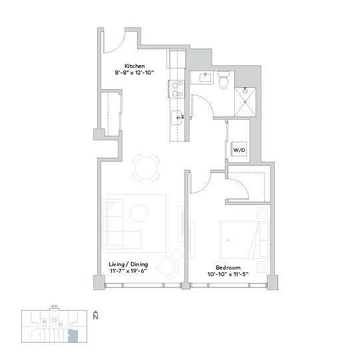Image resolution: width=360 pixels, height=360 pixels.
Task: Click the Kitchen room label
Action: [134, 66]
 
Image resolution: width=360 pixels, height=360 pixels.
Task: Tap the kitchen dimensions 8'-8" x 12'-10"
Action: [134, 73]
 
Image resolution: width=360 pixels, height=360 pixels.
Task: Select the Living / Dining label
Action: [128, 264]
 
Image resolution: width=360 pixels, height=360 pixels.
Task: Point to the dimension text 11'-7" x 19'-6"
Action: [128, 271]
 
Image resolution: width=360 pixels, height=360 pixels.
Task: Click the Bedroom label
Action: [228, 268]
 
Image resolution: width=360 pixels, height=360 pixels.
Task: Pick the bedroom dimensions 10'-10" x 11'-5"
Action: [228, 274]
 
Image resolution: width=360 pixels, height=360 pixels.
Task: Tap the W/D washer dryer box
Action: [239, 149]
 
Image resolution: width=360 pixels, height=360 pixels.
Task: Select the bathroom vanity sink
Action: [206, 77]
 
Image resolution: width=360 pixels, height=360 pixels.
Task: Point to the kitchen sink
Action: [177, 118]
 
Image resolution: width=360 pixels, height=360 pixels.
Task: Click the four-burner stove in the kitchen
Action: [176, 89]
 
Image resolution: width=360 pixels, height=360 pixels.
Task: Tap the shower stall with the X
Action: [245, 102]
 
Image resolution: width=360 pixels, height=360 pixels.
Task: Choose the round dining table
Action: [146, 168]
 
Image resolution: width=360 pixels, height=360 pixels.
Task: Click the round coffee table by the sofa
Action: [139, 213]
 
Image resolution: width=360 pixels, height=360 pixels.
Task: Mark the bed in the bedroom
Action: [244, 240]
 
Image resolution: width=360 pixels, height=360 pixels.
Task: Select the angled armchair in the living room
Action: [168, 268]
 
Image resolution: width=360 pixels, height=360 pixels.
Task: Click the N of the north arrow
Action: [96, 317]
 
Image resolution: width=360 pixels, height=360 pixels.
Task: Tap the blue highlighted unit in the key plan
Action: [73, 336]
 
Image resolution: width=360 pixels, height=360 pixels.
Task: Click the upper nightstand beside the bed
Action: [262, 213]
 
